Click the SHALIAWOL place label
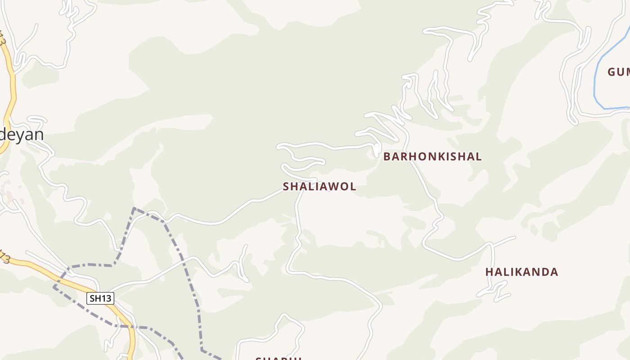319,186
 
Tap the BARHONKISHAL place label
432,157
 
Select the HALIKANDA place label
522,272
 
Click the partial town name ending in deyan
22,135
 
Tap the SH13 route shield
100,298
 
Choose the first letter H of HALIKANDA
489,272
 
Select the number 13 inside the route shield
106,298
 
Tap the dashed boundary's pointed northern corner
134,208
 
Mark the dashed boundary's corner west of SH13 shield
54,286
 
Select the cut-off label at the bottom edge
278,358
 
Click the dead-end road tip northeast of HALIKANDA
515,237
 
